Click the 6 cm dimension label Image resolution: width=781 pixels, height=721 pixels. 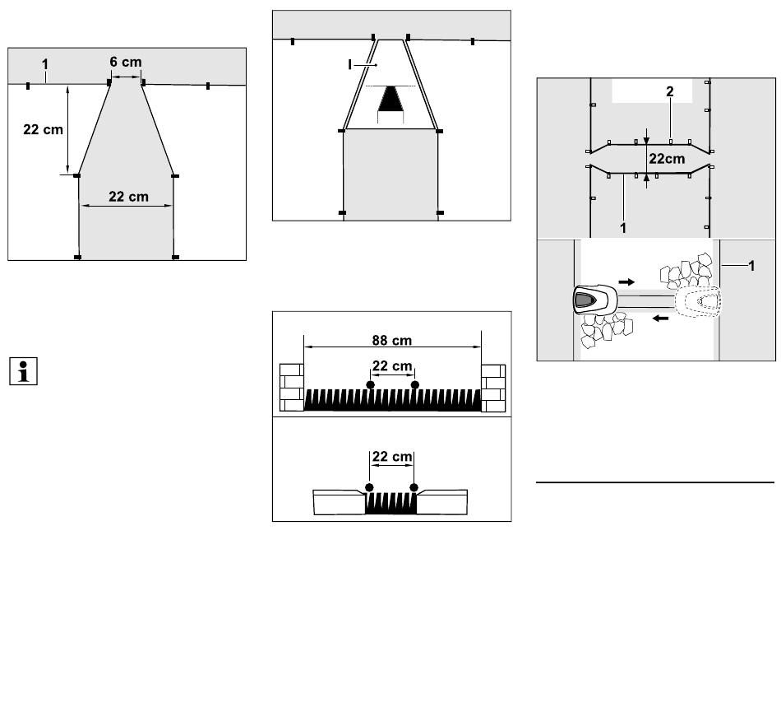[126, 62]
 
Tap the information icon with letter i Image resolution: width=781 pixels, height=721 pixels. [23, 371]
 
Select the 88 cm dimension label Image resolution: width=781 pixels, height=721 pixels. [392, 341]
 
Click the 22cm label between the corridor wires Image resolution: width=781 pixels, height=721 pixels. [667, 159]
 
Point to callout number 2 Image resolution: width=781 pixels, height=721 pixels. [669, 91]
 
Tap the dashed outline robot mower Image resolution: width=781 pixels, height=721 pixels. [698, 301]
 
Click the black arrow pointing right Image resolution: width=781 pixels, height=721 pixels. [626, 282]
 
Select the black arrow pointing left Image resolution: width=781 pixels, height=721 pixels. [660, 318]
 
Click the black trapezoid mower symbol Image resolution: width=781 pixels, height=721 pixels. [390, 99]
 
